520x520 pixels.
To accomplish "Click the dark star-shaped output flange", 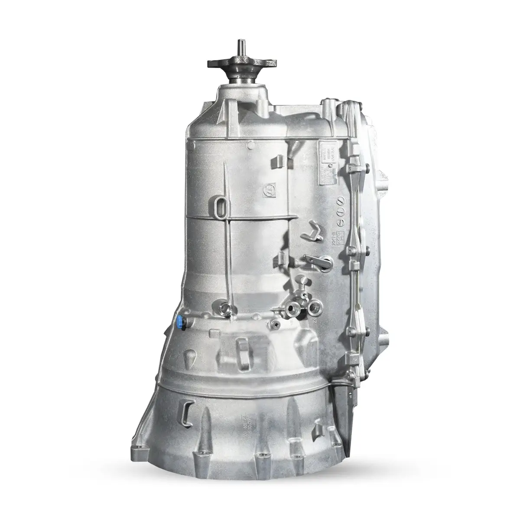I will click(239, 65).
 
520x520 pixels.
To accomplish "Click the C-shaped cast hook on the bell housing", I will click(187, 411).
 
